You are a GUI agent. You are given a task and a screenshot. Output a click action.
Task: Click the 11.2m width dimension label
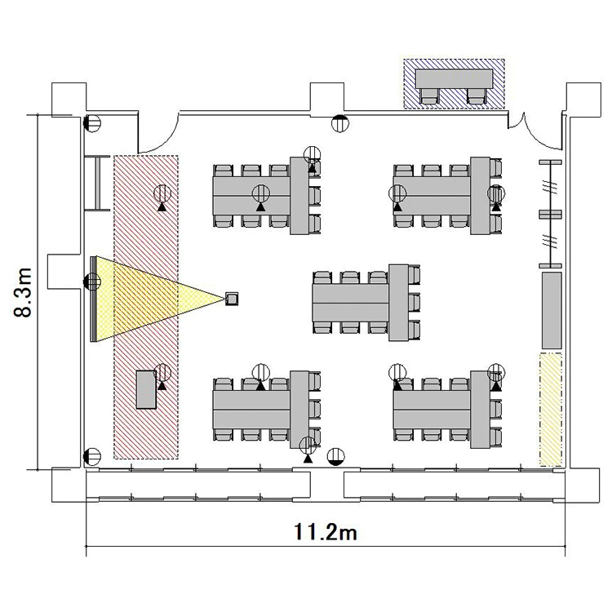(x=325, y=531)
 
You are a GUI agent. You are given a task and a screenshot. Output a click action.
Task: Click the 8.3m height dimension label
(x=23, y=292)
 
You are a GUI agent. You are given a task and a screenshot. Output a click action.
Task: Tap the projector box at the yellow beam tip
(x=232, y=299)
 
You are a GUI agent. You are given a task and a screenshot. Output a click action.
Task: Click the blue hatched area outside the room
(x=454, y=83)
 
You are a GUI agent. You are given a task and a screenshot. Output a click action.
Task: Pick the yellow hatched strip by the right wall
(x=551, y=410)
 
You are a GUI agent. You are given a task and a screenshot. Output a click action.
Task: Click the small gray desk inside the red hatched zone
(x=146, y=389)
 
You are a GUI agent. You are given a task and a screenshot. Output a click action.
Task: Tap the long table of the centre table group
(x=351, y=303)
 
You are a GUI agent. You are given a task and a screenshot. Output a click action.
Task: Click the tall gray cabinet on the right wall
(x=552, y=310)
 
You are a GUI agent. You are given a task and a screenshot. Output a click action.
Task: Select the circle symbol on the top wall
(x=340, y=124)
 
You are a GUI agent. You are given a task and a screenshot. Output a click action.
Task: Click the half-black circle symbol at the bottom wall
(x=336, y=457)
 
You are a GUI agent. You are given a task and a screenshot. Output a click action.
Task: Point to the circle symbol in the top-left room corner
(x=92, y=123)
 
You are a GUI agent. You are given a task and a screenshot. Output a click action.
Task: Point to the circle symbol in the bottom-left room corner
(x=92, y=457)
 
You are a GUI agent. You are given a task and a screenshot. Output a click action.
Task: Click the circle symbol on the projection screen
(x=92, y=282)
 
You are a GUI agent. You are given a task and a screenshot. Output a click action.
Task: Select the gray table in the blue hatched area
(x=454, y=79)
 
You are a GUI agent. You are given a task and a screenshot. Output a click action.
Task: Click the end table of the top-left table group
(x=299, y=196)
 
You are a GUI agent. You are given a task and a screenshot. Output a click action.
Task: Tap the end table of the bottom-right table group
(x=480, y=410)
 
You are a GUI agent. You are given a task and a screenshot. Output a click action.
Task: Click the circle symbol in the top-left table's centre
(x=261, y=193)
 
